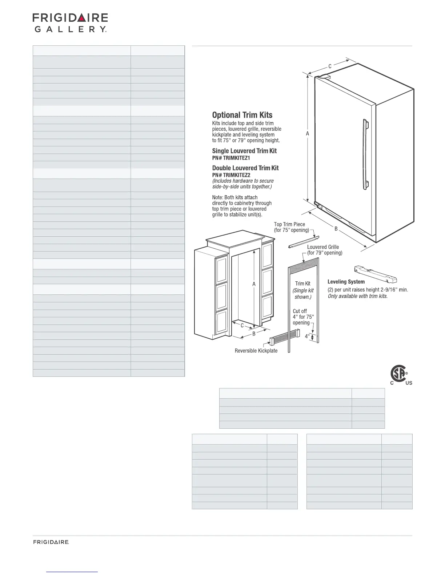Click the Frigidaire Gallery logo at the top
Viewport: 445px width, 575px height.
click(70, 23)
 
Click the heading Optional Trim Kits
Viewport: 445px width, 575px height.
click(242, 115)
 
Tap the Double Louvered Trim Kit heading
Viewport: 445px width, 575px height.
click(245, 168)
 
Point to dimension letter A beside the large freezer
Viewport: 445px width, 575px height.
click(308, 134)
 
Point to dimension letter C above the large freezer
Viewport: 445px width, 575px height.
click(330, 66)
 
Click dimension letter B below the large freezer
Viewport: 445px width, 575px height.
click(336, 229)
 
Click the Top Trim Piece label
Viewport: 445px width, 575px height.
click(289, 224)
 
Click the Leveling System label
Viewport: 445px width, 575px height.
click(346, 281)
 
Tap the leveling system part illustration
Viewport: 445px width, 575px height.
click(375, 274)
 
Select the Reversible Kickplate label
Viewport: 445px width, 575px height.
click(256, 351)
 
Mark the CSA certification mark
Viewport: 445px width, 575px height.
click(400, 375)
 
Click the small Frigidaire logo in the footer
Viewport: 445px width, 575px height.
click(51, 542)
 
